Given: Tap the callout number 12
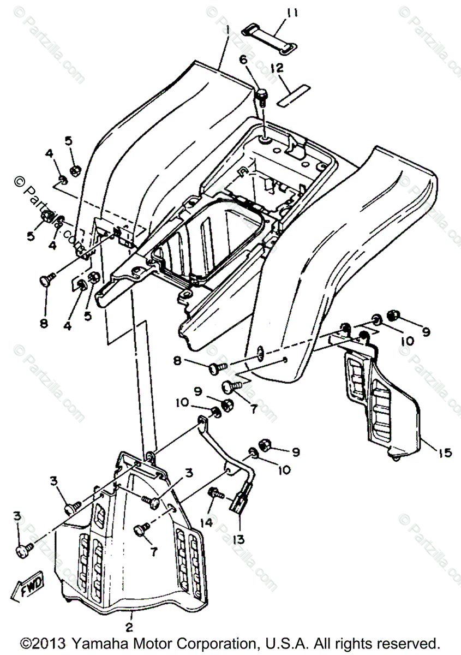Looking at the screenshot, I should point(278,68).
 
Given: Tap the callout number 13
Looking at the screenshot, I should point(238,539).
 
